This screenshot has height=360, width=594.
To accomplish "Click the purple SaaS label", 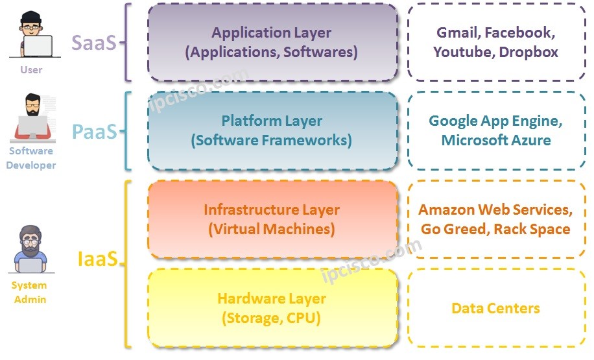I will pos(94,43).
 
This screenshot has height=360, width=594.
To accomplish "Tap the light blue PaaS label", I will pos(95,132).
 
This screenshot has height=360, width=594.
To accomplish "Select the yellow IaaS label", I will pos(97,259).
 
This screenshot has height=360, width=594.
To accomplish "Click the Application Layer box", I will pos(272,42).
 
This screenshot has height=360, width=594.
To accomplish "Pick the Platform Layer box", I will pos(272,130).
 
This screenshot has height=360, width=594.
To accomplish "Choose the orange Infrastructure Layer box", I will pos(272,219).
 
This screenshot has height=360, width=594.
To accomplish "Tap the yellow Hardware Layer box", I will pos(272,308).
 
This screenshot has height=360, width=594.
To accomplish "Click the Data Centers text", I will pos(495,309).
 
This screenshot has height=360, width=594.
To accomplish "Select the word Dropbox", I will pos(529,53).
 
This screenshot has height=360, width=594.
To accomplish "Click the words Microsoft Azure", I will pos(495,140).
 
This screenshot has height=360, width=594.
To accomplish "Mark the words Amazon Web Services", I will pos(495,210).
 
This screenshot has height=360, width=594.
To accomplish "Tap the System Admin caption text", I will pos(29,292).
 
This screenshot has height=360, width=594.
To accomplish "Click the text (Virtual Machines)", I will pos(272,229).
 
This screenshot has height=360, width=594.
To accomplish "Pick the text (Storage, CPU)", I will pos(272,318).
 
